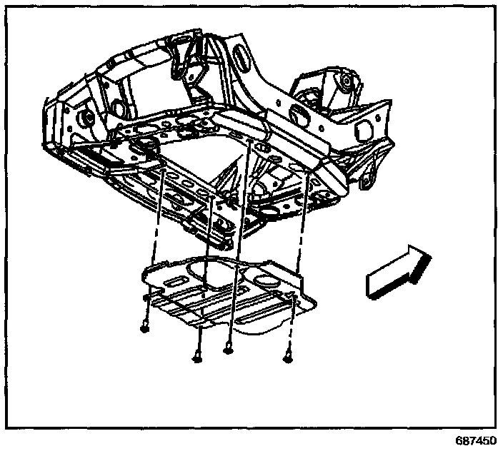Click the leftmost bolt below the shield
[144, 329]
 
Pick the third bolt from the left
[228, 349]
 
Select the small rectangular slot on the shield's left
[173, 284]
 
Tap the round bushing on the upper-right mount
[347, 80]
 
